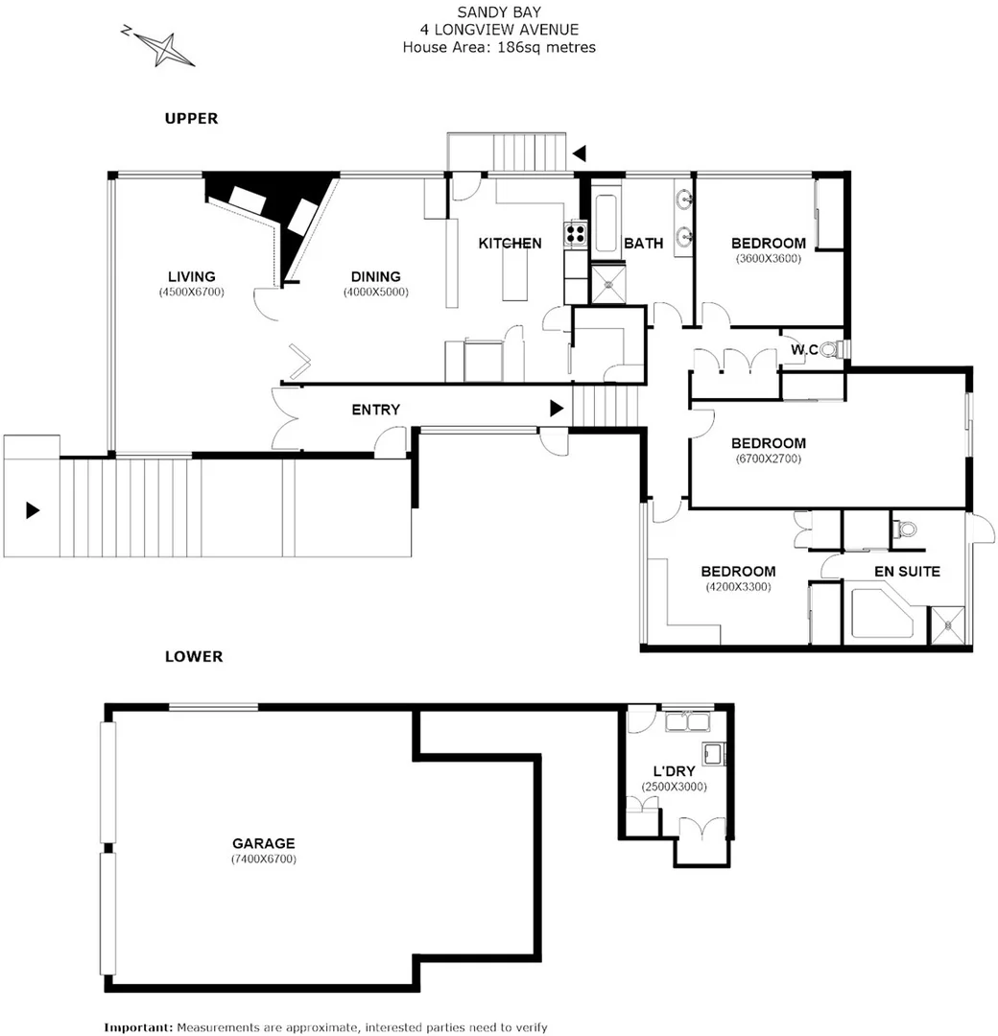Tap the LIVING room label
pyautogui.click(x=191, y=276)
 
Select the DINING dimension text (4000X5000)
pyautogui.click(x=376, y=293)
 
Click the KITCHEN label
pyautogui.click(x=510, y=244)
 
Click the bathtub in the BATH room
pyautogui.click(x=606, y=225)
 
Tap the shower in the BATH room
pyautogui.click(x=606, y=284)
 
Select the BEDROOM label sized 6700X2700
pyautogui.click(x=768, y=443)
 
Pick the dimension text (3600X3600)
pyautogui.click(x=768, y=258)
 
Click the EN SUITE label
pyautogui.click(x=906, y=571)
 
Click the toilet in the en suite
pyautogui.click(x=905, y=529)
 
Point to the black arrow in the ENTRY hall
pyautogui.click(x=557, y=409)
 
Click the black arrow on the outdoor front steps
pyautogui.click(x=33, y=510)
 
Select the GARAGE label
pyautogui.click(x=263, y=843)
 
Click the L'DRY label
pyautogui.click(x=674, y=770)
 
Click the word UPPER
pyautogui.click(x=191, y=119)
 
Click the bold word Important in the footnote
pyautogui.click(x=138, y=1026)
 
